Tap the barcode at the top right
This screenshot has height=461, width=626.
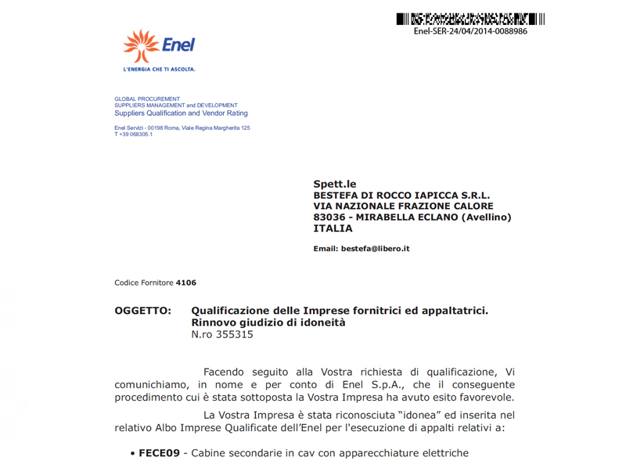pos(470,19)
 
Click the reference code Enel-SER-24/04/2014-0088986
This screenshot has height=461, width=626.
pos(470,31)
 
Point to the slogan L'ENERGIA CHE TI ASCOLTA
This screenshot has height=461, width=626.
pos(159,70)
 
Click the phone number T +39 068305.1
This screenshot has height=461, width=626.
pos(134,134)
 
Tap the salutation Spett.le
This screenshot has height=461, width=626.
pos(335,184)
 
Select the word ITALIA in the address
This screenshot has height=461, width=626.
pos(333,229)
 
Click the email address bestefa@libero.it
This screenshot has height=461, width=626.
pos(375,249)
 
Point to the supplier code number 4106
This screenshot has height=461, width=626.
pos(186,283)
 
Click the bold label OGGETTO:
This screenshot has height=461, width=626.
pos(142,311)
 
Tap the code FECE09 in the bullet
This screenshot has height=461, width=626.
pos(160,453)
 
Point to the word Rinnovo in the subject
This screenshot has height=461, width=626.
pos(217,322)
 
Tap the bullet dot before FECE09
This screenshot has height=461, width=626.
pos(133,454)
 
